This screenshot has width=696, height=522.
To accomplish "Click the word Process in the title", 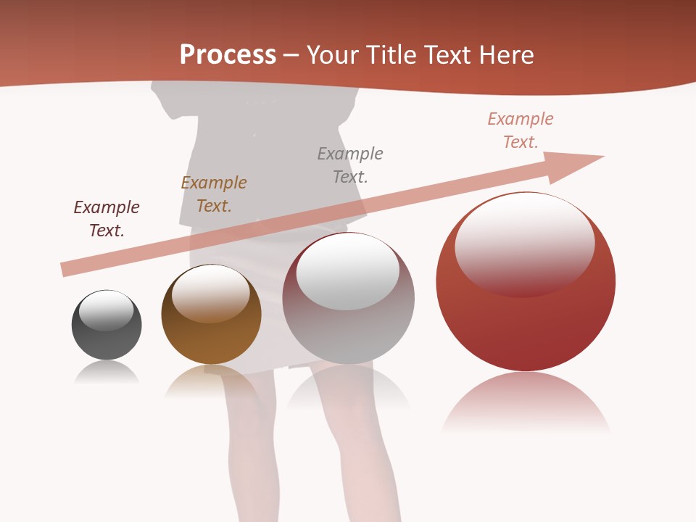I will pyautogui.click(x=228, y=54).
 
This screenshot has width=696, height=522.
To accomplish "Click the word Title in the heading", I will pyautogui.click(x=391, y=54).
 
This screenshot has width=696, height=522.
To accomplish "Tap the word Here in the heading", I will pyautogui.click(x=506, y=54).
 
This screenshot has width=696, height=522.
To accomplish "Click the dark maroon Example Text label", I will pyautogui.click(x=107, y=219).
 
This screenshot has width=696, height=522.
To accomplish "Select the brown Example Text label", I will pyautogui.click(x=214, y=194).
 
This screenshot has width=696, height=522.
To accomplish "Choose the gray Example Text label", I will pyautogui.click(x=350, y=165).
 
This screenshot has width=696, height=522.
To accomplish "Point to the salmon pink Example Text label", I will pyautogui.click(x=521, y=130).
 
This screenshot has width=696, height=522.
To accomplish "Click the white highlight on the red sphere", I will pyautogui.click(x=524, y=239).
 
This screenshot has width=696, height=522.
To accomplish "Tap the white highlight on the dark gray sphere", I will pyautogui.click(x=107, y=310).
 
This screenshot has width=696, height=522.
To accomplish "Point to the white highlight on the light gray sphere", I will pyautogui.click(x=348, y=270).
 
